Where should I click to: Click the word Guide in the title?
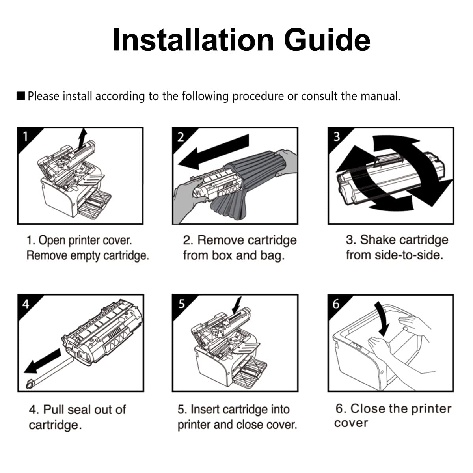pyautogui.click(x=327, y=41)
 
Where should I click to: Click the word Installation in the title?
pyautogui.click(x=193, y=40)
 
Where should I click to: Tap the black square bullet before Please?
pyautogui.click(x=20, y=96)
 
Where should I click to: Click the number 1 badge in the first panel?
pyautogui.click(x=26, y=136)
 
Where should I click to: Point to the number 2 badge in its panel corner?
pyautogui.click(x=181, y=137)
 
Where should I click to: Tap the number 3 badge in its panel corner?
pyautogui.click(x=337, y=137)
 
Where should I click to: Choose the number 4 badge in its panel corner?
pyautogui.click(x=26, y=304)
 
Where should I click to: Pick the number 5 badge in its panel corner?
pyautogui.click(x=181, y=304)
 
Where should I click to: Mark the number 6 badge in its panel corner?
pyautogui.click(x=336, y=304)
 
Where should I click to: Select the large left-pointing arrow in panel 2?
pyautogui.click(x=214, y=151)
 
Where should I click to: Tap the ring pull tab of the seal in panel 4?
pyautogui.click(x=30, y=384)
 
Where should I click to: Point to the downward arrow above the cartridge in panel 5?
pyautogui.click(x=237, y=305)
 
